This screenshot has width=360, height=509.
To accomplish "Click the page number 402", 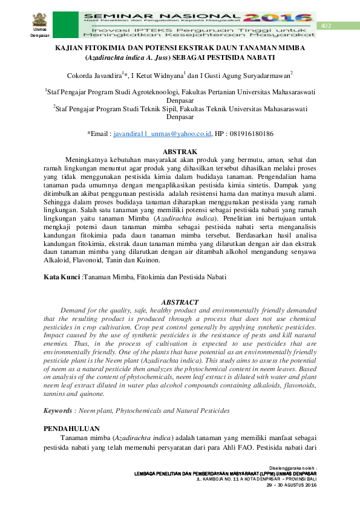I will click(x=327, y=25).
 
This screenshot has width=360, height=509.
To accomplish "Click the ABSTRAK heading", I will click(x=180, y=151).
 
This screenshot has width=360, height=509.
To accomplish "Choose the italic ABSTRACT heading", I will click(x=180, y=302).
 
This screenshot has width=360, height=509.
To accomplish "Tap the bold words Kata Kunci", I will click(x=62, y=277).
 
